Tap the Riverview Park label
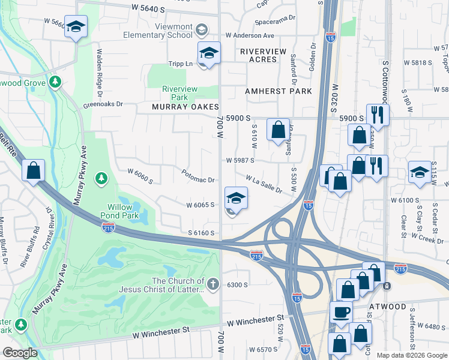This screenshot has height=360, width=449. tap(179, 93)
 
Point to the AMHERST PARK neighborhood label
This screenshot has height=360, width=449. tap(279, 91)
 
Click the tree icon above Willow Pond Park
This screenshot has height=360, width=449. tap(101, 178)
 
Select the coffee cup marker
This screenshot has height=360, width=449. tap(342, 313)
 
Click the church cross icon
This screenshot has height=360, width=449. tap(213, 282)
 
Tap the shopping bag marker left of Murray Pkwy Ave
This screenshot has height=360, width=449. tap(33, 170)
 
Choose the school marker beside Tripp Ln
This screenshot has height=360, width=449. tap(209, 53)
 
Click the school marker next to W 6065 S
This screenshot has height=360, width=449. tap(236, 198)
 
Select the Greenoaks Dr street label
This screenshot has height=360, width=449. tap(103, 104)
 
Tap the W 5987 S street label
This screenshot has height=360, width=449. tap(240, 160)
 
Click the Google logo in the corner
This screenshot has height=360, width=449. tap(20, 353)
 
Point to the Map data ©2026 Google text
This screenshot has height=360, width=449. tap(411, 355)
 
